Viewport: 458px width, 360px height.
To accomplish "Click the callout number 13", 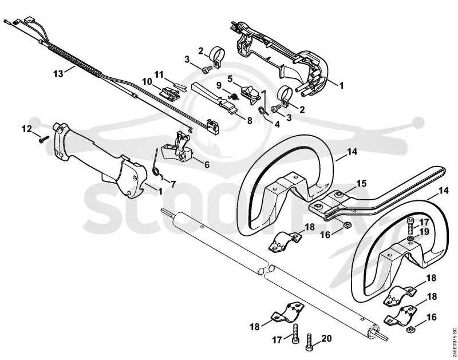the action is pos(58,73).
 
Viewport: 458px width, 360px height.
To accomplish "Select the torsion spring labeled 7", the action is pos(157,164).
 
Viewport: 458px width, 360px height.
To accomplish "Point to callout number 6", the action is pos(207,165).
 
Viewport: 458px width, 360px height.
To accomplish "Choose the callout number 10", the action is pos(148,81).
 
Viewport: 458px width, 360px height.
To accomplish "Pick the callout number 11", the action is pos(159,74).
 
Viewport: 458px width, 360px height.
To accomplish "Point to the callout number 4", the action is pos(277,124).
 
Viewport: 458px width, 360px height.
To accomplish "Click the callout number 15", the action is pos(361,183).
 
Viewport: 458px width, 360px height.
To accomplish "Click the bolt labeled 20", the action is pos(309,342).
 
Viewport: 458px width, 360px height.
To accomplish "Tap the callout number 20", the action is pos(326,338).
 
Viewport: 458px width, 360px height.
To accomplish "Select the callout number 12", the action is pos(27,129).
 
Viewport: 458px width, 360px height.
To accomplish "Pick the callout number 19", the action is pos(424,232).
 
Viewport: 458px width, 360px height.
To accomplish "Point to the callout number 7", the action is pos(173,184).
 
